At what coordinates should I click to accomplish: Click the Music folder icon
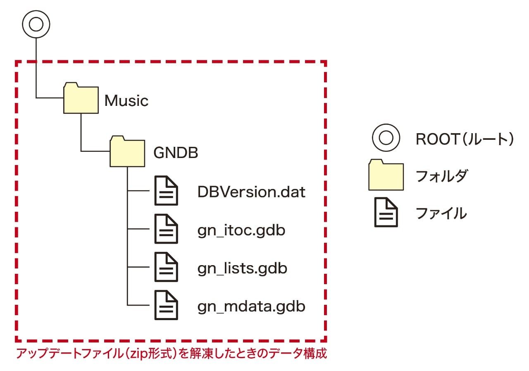tap(81, 99)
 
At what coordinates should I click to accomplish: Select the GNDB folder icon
tap(127, 152)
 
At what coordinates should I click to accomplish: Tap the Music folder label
tap(126, 101)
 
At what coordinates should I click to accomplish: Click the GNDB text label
tap(176, 153)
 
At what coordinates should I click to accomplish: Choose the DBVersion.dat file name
tap(251, 192)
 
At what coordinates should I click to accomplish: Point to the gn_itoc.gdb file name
tap(241, 230)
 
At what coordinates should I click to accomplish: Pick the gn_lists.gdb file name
tap(242, 268)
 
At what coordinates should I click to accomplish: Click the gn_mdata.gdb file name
tap(251, 307)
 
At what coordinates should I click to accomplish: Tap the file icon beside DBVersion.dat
tap(166, 191)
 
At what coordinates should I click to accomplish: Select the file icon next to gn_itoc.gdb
tap(166, 229)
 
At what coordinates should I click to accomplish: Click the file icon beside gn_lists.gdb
tap(166, 267)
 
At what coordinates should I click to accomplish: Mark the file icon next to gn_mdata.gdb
tap(166, 305)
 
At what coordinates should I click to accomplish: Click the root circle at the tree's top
tap(36, 24)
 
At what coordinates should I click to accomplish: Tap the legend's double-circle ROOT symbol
tap(386, 139)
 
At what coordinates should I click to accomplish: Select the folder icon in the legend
tap(386, 175)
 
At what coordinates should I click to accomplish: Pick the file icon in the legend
tap(386, 213)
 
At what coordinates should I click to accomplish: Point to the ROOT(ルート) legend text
tap(465, 139)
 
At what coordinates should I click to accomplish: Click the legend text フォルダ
tap(441, 177)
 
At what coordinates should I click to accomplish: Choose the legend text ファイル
tap(441, 213)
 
